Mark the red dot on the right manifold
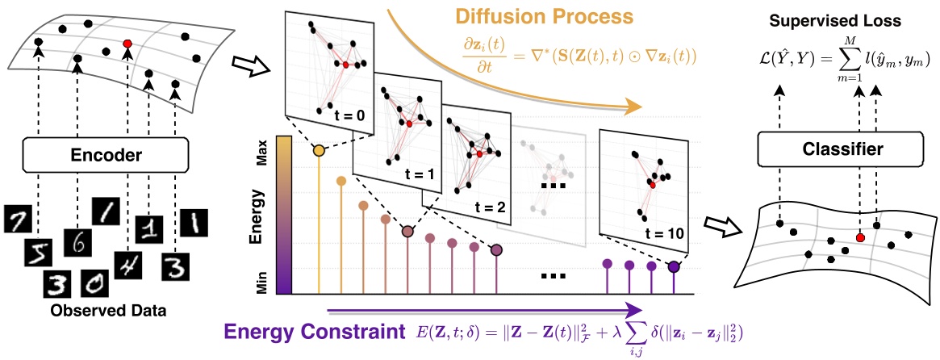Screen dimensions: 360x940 pyautogui.click(x=860, y=238)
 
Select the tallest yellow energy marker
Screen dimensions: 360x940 pyautogui.click(x=319, y=151)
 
